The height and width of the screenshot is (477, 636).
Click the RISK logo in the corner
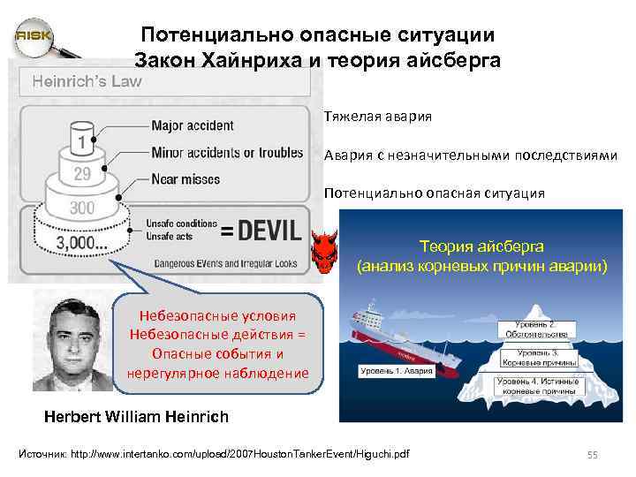[x=34, y=35]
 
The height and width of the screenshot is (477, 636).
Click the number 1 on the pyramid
[x=82, y=141]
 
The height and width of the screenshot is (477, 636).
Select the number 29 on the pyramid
[x=82, y=173]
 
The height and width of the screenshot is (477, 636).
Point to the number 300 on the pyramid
[x=82, y=208]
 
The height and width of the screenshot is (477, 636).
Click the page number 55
[x=593, y=454]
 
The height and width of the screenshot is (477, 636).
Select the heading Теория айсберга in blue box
[x=482, y=246]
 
